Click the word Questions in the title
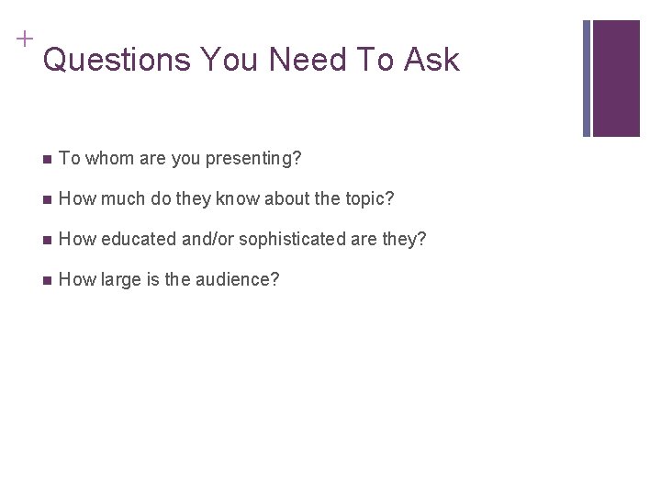tap(117, 61)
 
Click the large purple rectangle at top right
tap(616, 78)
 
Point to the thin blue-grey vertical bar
tap(587, 78)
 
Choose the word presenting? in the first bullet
tap(253, 160)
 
